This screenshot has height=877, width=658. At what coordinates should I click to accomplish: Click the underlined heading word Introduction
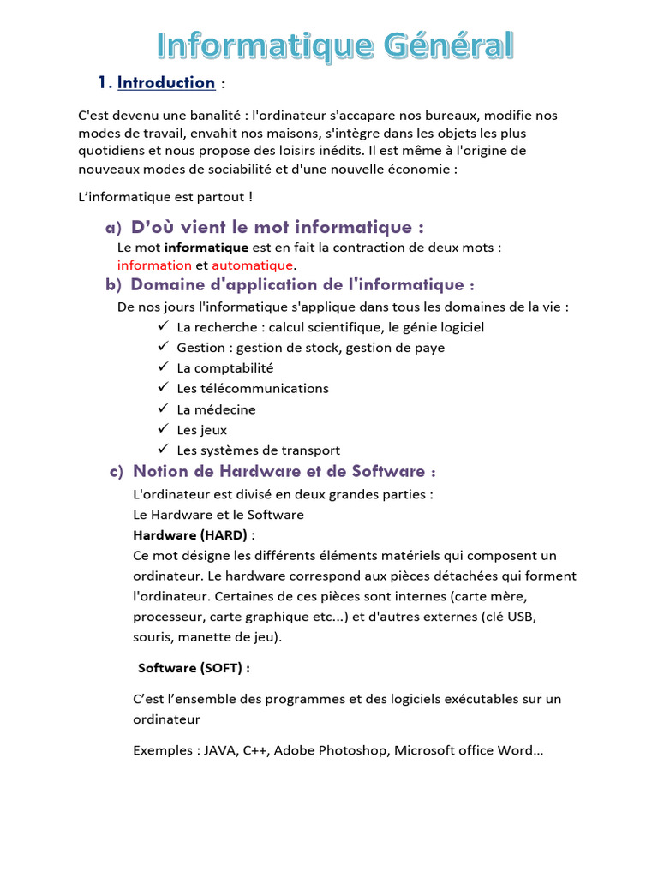(x=166, y=83)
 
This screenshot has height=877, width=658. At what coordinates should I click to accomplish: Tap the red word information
(x=154, y=265)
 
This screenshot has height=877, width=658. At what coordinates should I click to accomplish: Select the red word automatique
(x=252, y=265)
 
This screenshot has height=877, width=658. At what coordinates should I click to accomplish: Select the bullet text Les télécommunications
(x=253, y=389)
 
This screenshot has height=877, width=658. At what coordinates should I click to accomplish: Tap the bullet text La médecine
(x=216, y=409)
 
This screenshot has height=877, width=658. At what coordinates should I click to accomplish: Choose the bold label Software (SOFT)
(x=194, y=667)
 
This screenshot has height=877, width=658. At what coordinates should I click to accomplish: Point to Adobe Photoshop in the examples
(x=330, y=750)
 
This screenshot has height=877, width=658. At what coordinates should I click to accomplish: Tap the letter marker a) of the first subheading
(x=113, y=228)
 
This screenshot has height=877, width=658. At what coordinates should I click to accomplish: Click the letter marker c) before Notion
(x=116, y=472)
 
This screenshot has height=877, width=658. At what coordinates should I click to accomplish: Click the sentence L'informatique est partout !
(x=165, y=197)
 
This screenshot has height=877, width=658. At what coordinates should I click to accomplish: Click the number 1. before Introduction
(x=105, y=83)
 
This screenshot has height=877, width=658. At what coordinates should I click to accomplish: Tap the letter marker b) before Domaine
(x=113, y=285)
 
